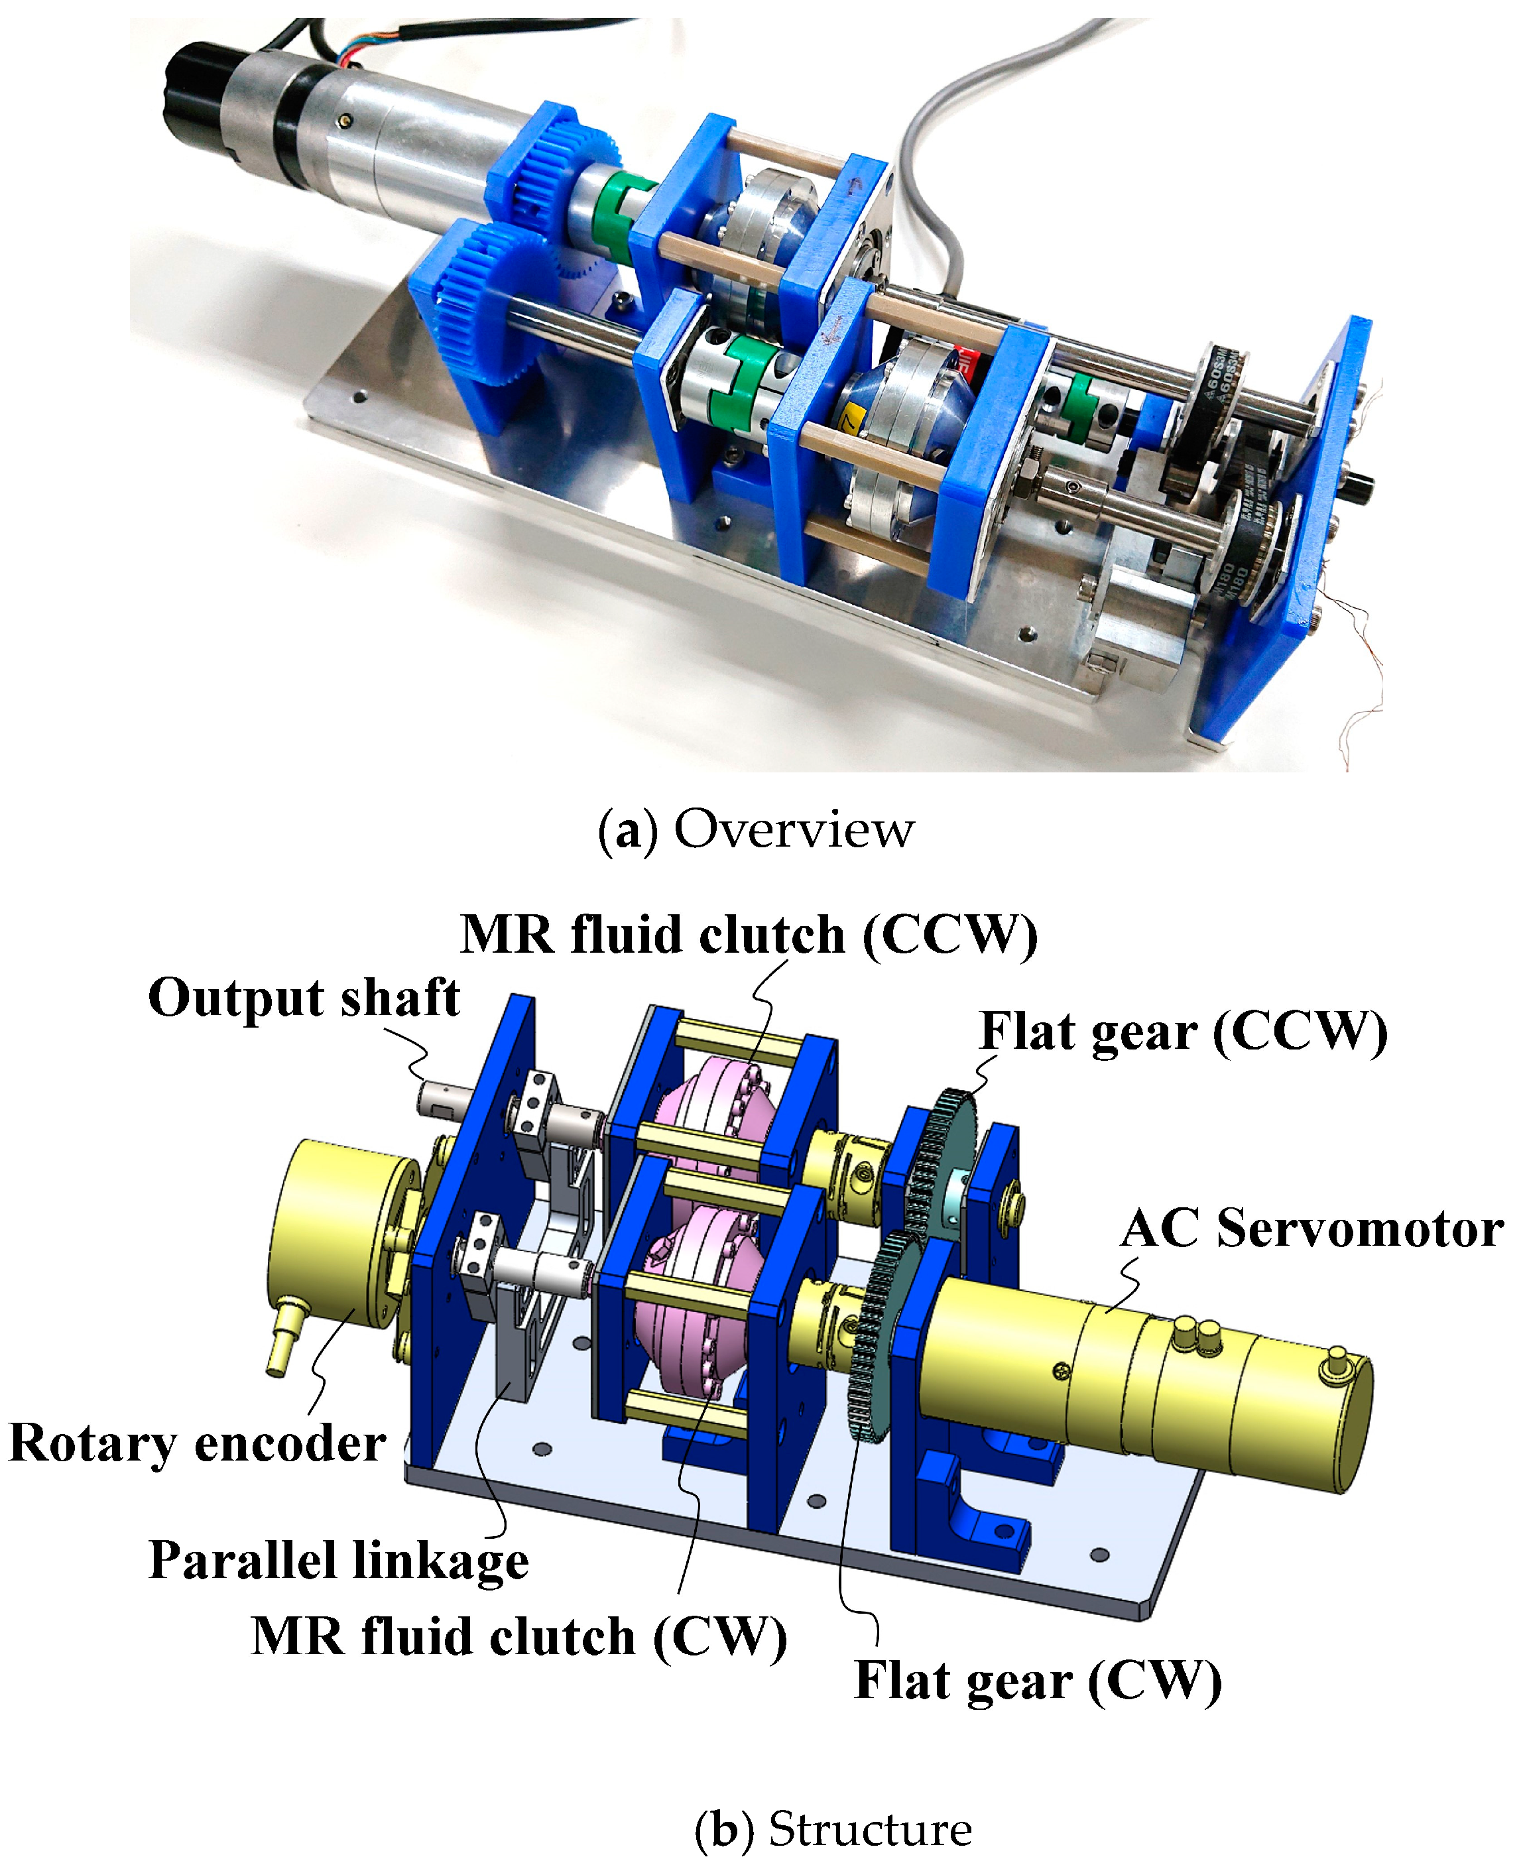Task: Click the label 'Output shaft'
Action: click(x=304, y=998)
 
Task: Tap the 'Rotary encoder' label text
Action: click(x=197, y=1443)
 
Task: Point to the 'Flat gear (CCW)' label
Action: click(x=1184, y=1031)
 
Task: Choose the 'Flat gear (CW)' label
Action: click(x=1038, y=1681)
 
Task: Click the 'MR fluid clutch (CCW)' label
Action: click(x=749, y=935)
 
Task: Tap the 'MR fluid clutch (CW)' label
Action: click(x=518, y=1637)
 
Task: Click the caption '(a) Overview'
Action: click(x=755, y=829)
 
